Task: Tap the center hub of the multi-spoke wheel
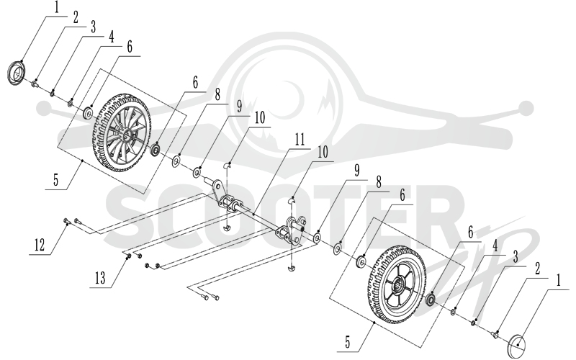[x=127, y=133]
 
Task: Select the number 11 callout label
[x=300, y=140]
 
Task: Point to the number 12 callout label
[x=40, y=245]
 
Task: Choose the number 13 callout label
[x=100, y=278]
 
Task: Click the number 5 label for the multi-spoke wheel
[x=55, y=181]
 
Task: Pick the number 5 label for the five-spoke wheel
[x=348, y=342]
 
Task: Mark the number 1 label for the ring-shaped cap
[x=57, y=8]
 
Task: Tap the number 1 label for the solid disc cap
[x=559, y=281]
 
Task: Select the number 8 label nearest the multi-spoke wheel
[x=217, y=95]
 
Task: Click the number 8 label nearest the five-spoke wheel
[x=379, y=182]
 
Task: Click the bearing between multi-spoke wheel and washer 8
[x=156, y=149]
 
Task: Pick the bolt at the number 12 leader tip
[x=66, y=220]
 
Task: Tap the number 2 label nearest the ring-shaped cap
[x=76, y=17]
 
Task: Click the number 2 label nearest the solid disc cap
[x=537, y=269]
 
